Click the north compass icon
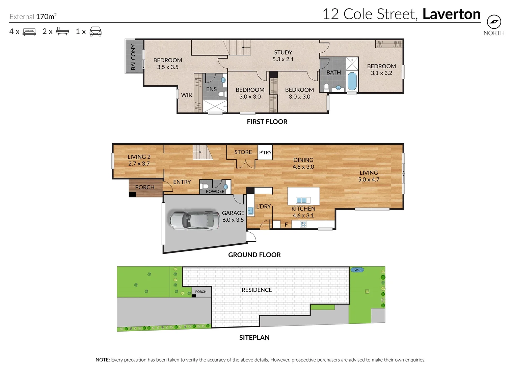[494, 22]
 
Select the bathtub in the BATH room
[352, 81]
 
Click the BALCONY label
[133, 57]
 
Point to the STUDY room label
[283, 53]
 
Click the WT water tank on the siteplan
[357, 270]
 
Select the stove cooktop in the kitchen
[303, 224]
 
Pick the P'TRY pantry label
[265, 152]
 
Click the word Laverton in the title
[451, 14]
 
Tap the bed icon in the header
[29, 32]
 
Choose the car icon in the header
[96, 31]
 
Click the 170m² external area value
[46, 16]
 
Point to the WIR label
[186, 95]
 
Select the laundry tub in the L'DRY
[250, 211]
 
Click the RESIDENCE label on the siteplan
[257, 290]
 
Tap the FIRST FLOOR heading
[267, 122]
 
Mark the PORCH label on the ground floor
[144, 187]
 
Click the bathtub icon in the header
[62, 31]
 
